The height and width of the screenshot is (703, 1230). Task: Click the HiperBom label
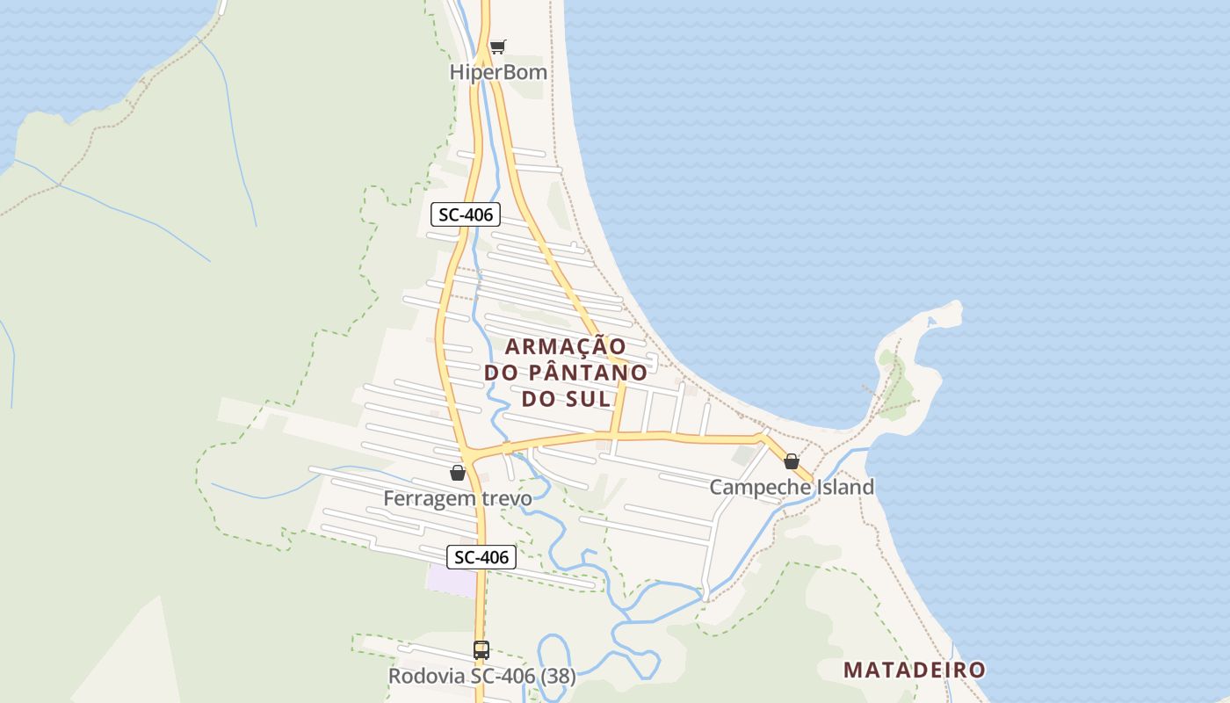coord(498,72)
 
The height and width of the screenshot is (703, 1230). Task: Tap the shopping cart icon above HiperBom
coord(498,47)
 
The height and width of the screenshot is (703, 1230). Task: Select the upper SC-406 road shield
coord(466,214)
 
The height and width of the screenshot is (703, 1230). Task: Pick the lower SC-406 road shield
coord(481,556)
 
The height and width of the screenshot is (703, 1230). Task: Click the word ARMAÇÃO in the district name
coord(566,346)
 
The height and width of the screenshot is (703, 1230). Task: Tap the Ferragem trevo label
coord(457,499)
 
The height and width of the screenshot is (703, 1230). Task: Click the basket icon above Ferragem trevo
coord(458,473)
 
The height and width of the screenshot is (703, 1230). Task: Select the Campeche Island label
coord(792,487)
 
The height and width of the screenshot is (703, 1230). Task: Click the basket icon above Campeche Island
coord(792,461)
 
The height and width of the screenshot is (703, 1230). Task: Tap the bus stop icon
coord(481,650)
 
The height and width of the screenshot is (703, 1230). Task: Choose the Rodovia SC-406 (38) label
coord(481,677)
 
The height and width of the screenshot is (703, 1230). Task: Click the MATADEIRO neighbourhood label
coord(914,670)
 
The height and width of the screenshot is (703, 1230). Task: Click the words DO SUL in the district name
coord(566,398)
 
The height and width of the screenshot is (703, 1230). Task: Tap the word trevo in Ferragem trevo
coord(504,499)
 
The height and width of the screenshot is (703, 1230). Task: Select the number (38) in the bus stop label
coord(557,677)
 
